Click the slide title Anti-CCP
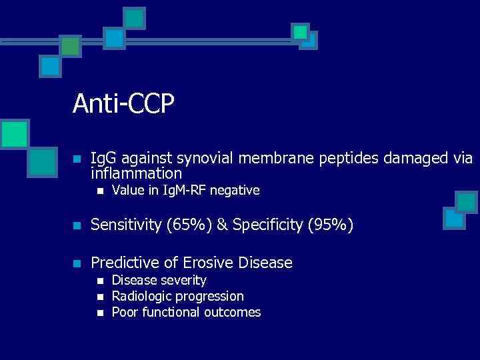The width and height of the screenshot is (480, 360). tap(123, 103)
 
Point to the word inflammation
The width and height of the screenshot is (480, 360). tap(136, 174)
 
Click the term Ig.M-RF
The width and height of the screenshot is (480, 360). tap(179, 191)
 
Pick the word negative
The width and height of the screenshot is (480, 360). tap(235, 191)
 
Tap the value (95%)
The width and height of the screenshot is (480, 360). tap(329, 225)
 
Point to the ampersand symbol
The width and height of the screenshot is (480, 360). tap(221, 225)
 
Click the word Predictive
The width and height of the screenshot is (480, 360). tap(123, 263)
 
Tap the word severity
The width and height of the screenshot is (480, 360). tap(184, 281)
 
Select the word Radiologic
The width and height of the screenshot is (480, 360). tap(139, 296)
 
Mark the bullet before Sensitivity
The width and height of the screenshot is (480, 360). tap(77, 226)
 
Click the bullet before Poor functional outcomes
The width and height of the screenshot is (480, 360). tap(99, 313)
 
